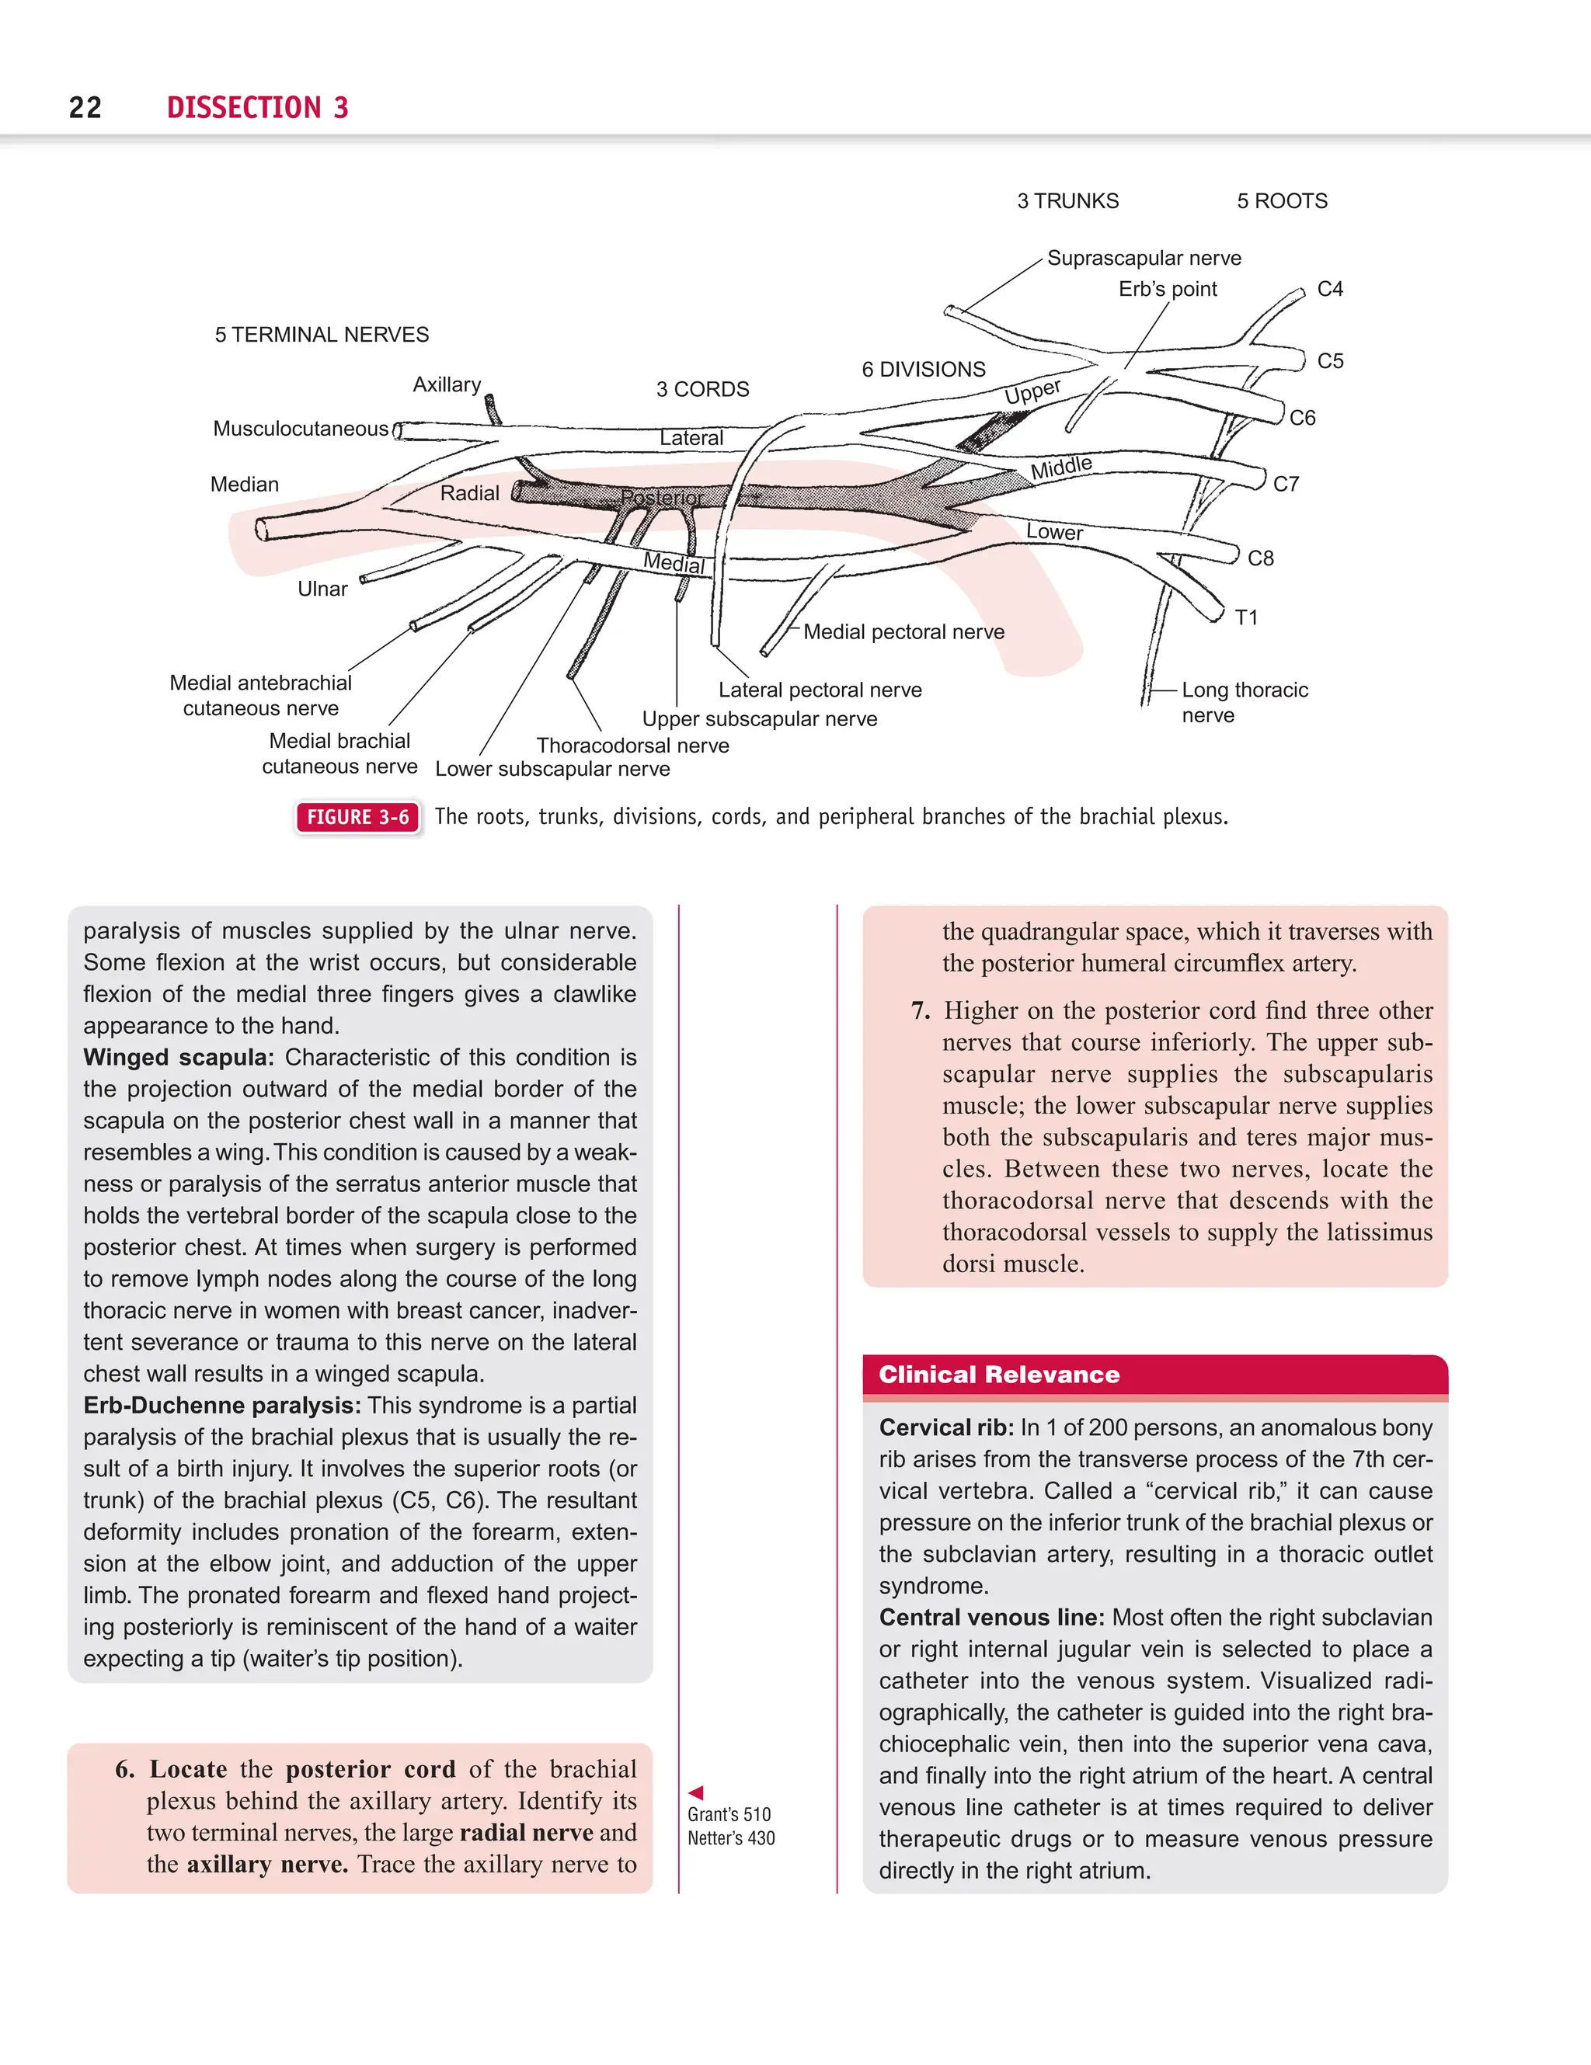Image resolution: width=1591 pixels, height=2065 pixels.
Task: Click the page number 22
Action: click(x=85, y=108)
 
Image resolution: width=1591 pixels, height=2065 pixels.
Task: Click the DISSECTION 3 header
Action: click(x=257, y=108)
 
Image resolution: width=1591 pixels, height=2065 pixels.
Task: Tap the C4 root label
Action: click(x=1329, y=290)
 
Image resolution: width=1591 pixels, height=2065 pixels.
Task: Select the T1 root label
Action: click(x=1246, y=617)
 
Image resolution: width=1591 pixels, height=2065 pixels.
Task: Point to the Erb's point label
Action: click(x=1168, y=290)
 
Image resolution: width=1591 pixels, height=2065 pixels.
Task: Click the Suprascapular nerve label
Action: click(x=1144, y=258)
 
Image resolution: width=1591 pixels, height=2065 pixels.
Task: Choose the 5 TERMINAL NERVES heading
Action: click(x=322, y=335)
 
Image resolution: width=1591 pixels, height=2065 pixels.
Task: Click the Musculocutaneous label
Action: click(x=300, y=429)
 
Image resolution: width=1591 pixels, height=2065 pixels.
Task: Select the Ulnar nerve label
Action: click(x=322, y=589)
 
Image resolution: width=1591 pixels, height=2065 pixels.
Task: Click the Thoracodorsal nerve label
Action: click(x=633, y=746)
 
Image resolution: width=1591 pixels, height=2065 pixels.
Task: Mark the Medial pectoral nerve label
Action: click(x=903, y=631)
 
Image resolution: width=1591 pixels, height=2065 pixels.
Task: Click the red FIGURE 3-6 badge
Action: click(x=357, y=817)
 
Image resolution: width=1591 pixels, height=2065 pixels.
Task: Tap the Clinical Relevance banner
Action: click(x=999, y=1375)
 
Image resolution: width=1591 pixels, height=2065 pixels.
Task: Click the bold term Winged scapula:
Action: click(x=179, y=1057)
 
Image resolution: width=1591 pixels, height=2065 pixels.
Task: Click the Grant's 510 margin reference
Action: click(x=729, y=1814)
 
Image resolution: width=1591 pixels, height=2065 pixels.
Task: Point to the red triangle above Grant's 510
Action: click(x=696, y=1792)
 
